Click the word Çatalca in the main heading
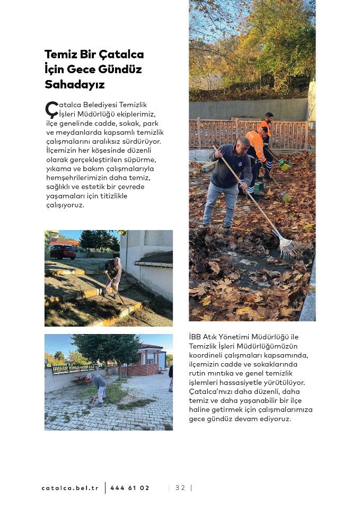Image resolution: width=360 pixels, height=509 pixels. tap(124, 55)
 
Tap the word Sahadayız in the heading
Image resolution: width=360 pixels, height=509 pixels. tap(75, 85)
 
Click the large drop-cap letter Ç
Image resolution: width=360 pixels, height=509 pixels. tap(51, 109)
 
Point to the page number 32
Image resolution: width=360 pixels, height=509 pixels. tap(180, 488)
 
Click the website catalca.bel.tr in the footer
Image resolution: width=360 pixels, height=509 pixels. tap(70, 488)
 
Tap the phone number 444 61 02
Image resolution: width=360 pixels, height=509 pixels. tap(130, 488)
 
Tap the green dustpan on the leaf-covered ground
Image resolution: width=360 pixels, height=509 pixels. tap(259, 188)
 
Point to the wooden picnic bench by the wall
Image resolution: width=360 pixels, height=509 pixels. tap(80, 379)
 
